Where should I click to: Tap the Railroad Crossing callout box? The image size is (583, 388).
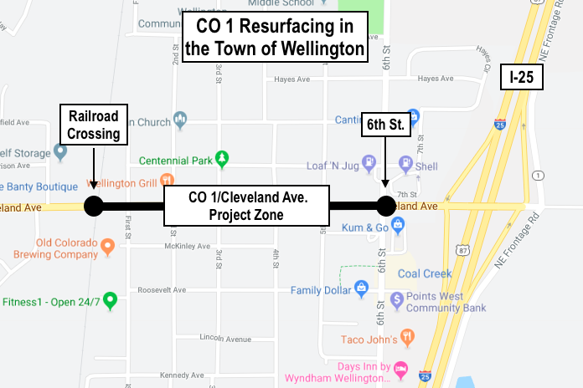point(94,124)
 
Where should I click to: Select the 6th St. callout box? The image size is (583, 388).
point(386,126)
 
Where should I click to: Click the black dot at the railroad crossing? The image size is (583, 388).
point(93,206)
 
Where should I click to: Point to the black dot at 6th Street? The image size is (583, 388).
point(385,206)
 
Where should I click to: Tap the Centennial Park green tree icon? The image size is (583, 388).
point(221,157)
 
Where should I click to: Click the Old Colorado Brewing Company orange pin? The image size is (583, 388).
point(107,246)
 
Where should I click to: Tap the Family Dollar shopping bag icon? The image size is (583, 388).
point(361,289)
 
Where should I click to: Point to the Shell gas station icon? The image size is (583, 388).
point(405,165)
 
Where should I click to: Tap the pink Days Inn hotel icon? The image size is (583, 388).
point(401,367)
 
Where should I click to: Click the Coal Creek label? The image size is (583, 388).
point(424,273)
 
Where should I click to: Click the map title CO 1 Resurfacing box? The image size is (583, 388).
point(276,36)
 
